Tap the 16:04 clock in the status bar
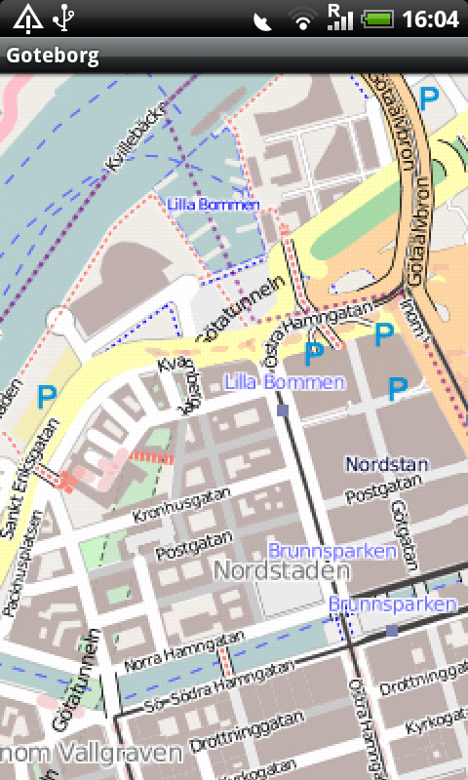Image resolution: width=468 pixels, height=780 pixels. click(x=430, y=19)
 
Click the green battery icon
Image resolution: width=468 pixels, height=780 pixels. click(x=377, y=19)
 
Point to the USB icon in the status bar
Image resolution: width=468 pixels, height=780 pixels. click(x=64, y=18)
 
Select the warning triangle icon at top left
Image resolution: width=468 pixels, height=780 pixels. click(x=26, y=18)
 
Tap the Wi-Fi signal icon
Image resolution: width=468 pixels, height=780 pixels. click(x=303, y=19)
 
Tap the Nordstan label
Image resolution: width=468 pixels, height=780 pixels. click(x=387, y=464)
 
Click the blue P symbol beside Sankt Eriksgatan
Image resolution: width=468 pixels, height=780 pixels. click(x=45, y=396)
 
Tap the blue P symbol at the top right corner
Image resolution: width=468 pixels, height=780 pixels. click(x=428, y=96)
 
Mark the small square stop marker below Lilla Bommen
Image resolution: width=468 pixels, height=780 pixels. click(x=283, y=411)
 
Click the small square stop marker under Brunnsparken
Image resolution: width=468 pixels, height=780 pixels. click(x=391, y=631)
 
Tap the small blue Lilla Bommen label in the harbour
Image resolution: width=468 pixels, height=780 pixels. click(x=213, y=204)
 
